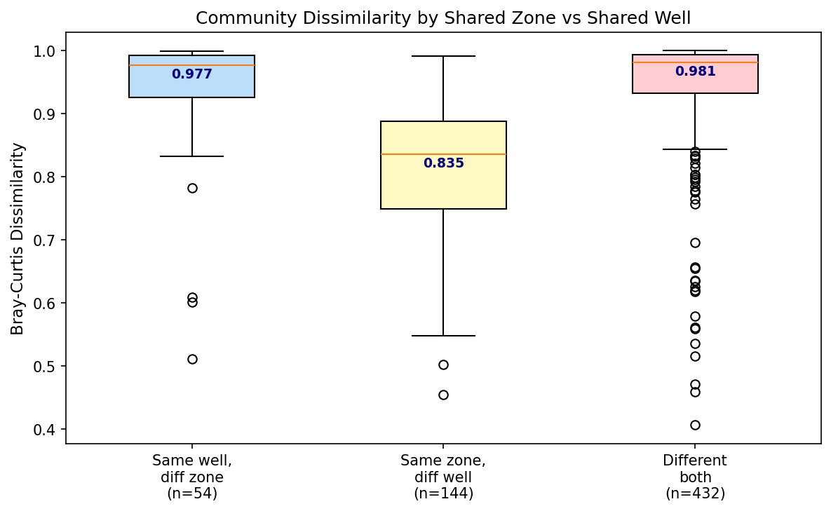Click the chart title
click(x=443, y=18)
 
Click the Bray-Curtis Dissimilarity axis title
click(x=18, y=238)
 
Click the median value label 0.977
click(x=191, y=74)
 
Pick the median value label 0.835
click(x=443, y=163)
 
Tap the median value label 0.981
click(x=695, y=71)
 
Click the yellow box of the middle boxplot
click(x=443, y=186)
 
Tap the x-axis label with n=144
click(x=443, y=477)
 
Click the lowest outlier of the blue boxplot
click(x=192, y=359)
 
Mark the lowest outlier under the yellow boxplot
click(x=443, y=395)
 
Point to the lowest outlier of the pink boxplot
click(x=695, y=425)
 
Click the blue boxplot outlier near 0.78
click(x=192, y=188)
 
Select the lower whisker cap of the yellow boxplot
click(x=443, y=336)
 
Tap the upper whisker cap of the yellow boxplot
click(x=443, y=56)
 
